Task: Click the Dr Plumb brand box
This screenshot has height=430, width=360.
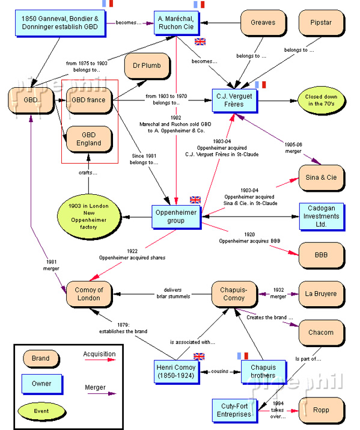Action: point(147,66)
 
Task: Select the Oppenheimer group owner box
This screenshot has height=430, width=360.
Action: point(175,216)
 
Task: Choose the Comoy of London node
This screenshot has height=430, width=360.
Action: point(89,294)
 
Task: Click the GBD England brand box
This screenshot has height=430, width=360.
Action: point(89,140)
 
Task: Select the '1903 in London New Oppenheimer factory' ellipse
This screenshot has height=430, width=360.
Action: point(89,215)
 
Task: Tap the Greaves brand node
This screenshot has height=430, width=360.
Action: point(263,22)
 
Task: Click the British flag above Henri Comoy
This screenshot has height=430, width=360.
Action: point(199,356)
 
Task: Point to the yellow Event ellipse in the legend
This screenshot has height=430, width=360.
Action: point(41,411)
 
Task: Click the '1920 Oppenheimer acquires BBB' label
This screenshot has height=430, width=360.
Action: point(253,237)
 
